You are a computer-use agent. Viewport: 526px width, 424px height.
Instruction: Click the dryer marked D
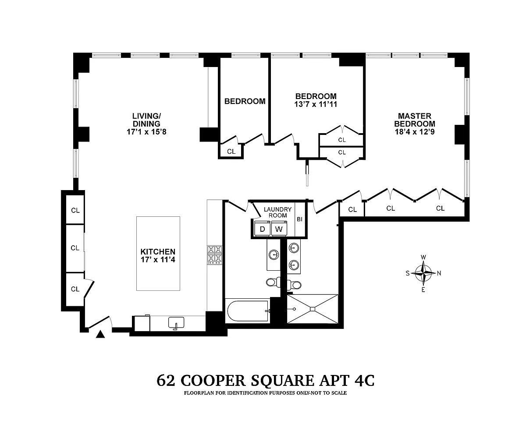[262, 229]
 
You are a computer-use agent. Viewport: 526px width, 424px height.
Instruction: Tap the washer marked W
[279, 229]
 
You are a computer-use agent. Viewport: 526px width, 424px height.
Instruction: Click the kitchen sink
[176, 323]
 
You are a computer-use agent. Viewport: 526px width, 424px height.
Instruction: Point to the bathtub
[248, 311]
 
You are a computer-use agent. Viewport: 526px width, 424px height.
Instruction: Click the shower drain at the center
[313, 309]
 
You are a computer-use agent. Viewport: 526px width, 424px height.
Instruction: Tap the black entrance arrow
[100, 334]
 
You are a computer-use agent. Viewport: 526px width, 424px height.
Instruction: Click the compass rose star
[423, 273]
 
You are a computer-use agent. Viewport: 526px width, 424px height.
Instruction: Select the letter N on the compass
[439, 273]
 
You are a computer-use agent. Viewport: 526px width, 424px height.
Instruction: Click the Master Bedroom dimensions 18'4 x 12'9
[415, 132]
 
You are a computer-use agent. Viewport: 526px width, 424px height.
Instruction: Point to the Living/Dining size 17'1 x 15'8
[146, 132]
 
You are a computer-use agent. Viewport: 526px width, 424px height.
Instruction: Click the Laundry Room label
[277, 212]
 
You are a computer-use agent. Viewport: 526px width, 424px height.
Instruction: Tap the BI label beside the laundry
[300, 219]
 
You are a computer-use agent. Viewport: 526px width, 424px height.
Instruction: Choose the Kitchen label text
[158, 251]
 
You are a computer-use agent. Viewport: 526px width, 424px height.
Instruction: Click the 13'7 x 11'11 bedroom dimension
[316, 104]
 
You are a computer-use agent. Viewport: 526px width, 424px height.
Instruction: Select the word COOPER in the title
[213, 380]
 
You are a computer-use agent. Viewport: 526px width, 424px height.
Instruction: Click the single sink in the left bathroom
[274, 255]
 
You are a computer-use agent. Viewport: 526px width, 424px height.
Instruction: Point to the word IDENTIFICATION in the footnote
[247, 393]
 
